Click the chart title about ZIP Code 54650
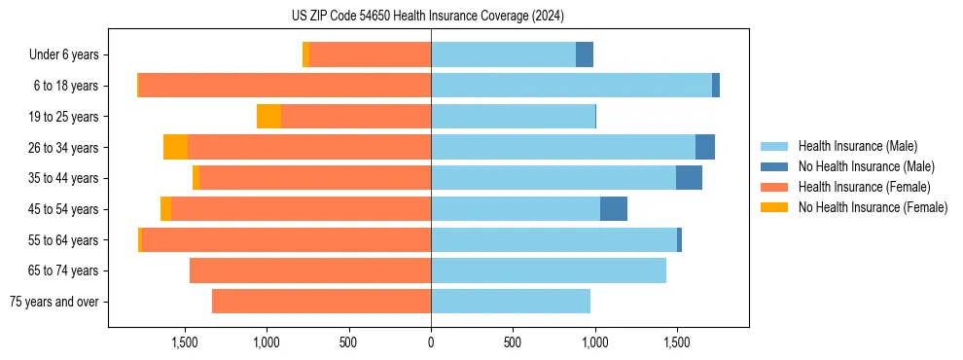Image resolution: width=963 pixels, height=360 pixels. point(427,16)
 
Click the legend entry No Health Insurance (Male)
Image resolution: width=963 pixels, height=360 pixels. point(866,166)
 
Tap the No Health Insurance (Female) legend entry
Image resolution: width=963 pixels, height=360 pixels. point(872,207)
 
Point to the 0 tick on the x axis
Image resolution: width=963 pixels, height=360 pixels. point(431,342)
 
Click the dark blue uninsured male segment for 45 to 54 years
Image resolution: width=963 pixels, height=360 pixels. point(614,209)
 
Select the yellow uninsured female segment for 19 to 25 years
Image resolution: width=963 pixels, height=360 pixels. point(269,117)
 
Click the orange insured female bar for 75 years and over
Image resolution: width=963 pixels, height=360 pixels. point(321,302)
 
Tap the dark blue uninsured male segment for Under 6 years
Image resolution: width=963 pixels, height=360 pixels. point(585,55)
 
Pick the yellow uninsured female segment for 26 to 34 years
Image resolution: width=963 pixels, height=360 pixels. point(175,147)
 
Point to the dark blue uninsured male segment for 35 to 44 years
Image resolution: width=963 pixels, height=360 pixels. point(689,178)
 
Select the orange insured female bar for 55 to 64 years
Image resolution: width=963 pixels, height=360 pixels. point(287,240)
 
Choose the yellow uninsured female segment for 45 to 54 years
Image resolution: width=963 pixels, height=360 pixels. point(165,209)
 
